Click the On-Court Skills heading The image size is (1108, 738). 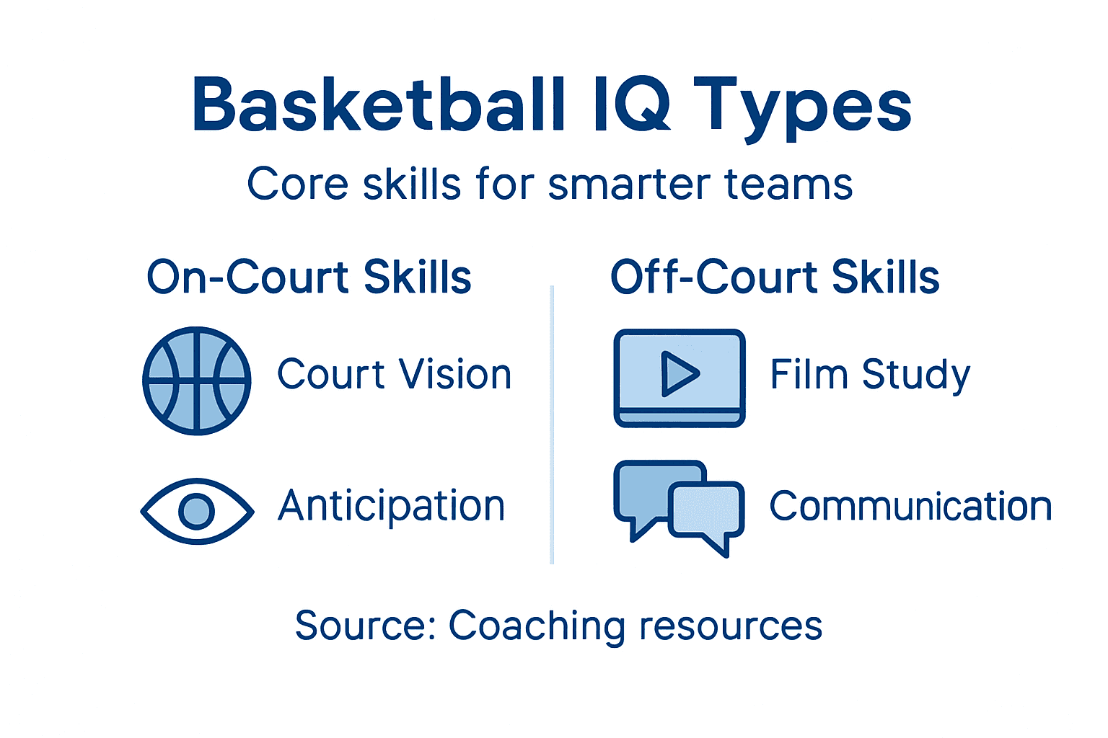tap(309, 277)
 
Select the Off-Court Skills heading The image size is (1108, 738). tap(775, 277)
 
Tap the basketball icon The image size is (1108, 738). tap(197, 381)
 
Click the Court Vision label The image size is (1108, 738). tap(395, 375)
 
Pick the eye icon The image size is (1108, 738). tap(197, 511)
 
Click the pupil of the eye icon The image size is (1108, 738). tap(197, 511)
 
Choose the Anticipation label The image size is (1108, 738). tap(392, 507)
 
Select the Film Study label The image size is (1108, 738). tap(870, 375)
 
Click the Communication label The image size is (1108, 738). tap(910, 507)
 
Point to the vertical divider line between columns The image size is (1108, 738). tap(552, 425)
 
